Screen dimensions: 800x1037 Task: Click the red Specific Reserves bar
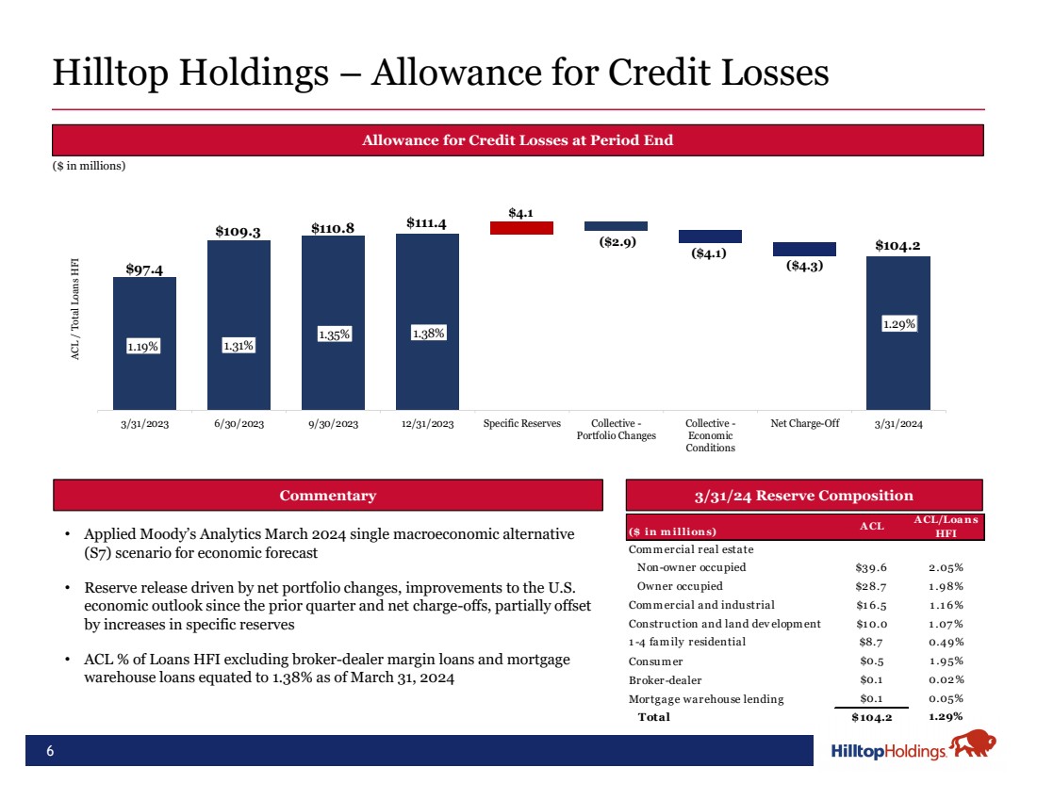pos(521,227)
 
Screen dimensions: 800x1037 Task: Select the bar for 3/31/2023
pos(144,343)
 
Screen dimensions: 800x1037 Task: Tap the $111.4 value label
pos(426,222)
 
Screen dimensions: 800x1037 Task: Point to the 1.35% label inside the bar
pos(333,335)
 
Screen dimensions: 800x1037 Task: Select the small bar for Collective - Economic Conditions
pos(710,237)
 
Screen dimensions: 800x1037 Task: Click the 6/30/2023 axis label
pos(239,424)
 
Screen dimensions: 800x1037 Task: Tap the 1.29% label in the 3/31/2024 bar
pos(898,324)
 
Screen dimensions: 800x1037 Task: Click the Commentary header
pos(327,496)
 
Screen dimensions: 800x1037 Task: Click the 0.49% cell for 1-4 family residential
pos(946,642)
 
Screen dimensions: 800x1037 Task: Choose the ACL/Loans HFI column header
pos(946,527)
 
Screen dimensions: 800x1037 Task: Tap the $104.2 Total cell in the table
pos(872,717)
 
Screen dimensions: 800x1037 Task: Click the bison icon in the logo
pos(972,747)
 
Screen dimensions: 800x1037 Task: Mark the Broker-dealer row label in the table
pos(665,679)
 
